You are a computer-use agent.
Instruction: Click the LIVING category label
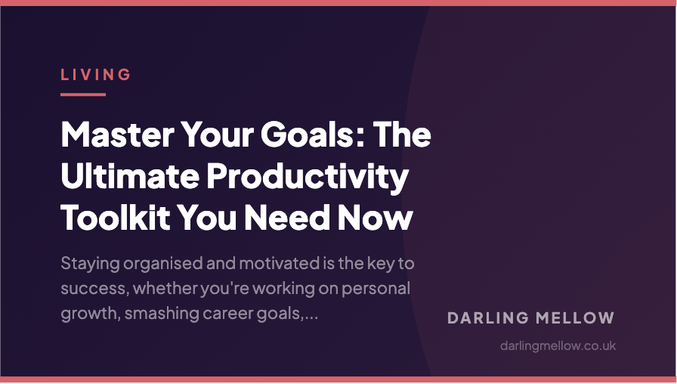tap(96, 74)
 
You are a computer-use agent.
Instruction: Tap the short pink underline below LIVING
tap(83, 94)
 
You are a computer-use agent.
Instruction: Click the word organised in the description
tap(163, 265)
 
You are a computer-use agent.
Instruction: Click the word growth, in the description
tap(86, 314)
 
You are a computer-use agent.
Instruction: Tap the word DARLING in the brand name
tap(486, 318)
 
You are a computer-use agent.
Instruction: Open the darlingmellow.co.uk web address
tap(558, 345)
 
